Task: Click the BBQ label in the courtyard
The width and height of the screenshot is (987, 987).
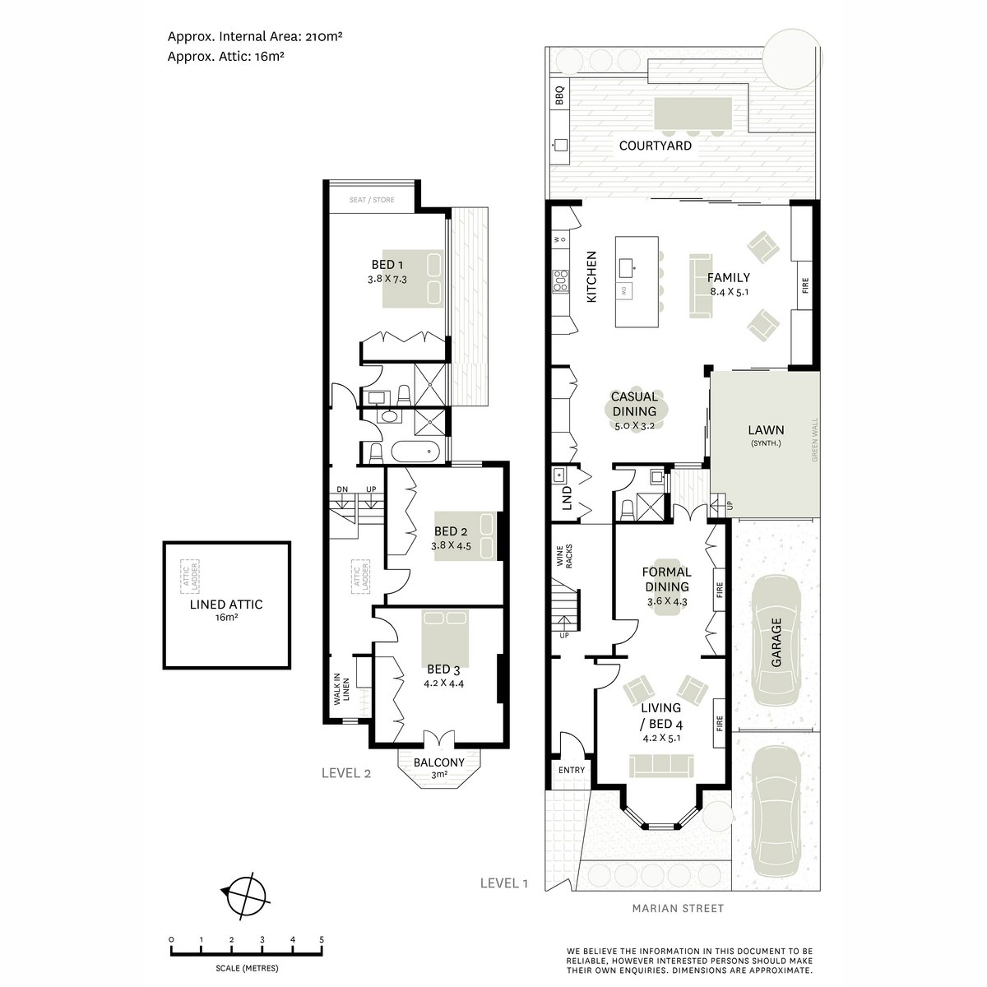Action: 559,95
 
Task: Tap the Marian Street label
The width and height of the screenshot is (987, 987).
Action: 678,908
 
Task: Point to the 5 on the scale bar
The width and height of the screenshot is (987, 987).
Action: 322,939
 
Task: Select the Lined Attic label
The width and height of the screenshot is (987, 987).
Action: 226,605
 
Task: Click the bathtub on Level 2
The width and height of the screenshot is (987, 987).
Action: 415,452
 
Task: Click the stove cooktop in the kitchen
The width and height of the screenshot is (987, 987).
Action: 560,280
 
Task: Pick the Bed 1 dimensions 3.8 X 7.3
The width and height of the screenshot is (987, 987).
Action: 387,279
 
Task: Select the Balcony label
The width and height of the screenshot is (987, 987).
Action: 439,762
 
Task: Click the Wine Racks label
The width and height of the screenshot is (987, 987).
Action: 563,556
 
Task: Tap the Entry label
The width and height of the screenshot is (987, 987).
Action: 571,770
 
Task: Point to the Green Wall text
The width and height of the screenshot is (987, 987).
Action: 814,439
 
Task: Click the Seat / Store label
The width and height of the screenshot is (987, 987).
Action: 372,200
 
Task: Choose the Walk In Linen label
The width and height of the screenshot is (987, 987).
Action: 341,689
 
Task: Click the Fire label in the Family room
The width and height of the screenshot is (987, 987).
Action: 805,285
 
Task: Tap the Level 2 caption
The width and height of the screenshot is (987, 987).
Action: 346,773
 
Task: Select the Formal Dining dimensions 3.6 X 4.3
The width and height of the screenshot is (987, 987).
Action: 666,601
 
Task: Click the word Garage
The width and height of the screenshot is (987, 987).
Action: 776,642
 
